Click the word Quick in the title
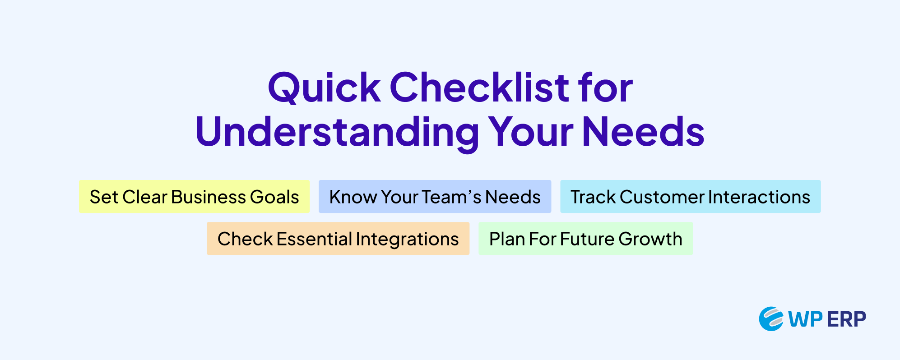325,88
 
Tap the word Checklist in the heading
479,87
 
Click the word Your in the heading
531,132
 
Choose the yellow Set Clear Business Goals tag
195,197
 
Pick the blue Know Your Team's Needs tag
435,197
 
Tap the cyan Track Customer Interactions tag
691,197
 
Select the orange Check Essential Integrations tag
338,239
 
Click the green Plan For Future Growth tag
586,239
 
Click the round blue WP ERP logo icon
771,319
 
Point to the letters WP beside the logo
806,319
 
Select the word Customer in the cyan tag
662,197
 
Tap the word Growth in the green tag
650,239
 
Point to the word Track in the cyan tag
593,197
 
